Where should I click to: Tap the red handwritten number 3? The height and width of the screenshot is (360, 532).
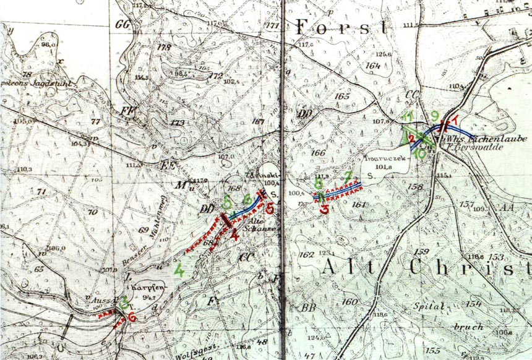(325, 208)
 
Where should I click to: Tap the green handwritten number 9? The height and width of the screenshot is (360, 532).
(435, 115)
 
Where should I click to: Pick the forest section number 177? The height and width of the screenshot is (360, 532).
(272, 25)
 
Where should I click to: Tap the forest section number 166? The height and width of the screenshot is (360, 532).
(318, 152)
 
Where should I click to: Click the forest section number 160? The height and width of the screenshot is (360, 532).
(350, 301)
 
